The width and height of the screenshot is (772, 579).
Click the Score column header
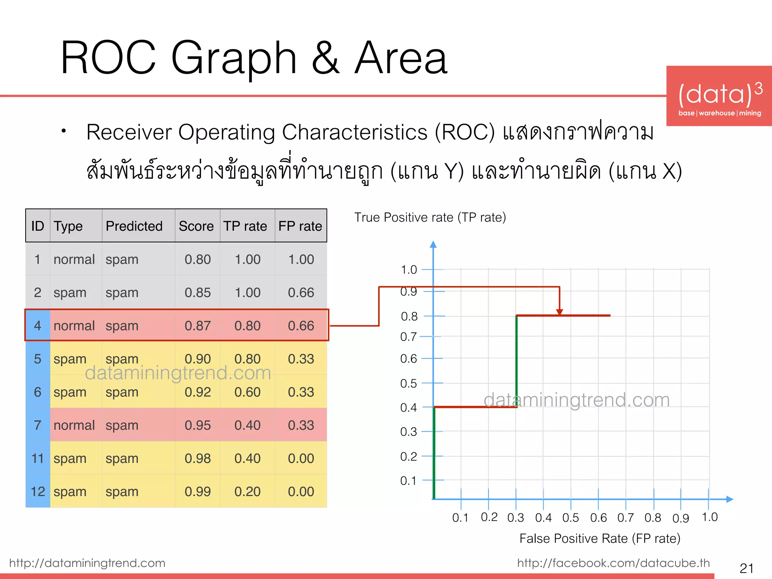coord(196,226)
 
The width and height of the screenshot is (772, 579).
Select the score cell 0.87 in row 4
coord(198,326)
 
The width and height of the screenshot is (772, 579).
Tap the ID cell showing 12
coord(38,492)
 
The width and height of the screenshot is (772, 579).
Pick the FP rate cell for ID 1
coord(301,259)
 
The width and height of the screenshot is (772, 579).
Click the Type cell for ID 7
coord(74,425)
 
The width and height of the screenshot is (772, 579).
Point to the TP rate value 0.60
coord(247,392)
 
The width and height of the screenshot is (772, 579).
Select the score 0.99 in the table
coord(198,492)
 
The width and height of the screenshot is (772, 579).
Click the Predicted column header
coord(134,226)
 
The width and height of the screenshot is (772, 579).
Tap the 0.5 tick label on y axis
coord(408,383)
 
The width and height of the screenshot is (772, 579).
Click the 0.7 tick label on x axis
coord(625,518)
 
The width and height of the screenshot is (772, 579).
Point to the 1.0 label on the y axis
coord(409,270)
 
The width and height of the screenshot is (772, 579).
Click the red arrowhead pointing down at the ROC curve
coord(559,312)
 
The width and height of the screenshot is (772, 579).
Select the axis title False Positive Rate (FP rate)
coord(600,538)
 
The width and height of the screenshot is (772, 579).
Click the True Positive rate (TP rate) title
coord(430,218)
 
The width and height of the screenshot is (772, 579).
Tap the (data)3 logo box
coord(719,96)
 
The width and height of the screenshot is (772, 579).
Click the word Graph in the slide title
coord(234,58)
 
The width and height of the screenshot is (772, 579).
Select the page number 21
coord(746,568)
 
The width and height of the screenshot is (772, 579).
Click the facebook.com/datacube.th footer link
coord(613,563)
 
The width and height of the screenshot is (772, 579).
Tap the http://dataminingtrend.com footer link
coord(87,563)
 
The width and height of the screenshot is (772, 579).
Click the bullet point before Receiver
coord(64,131)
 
